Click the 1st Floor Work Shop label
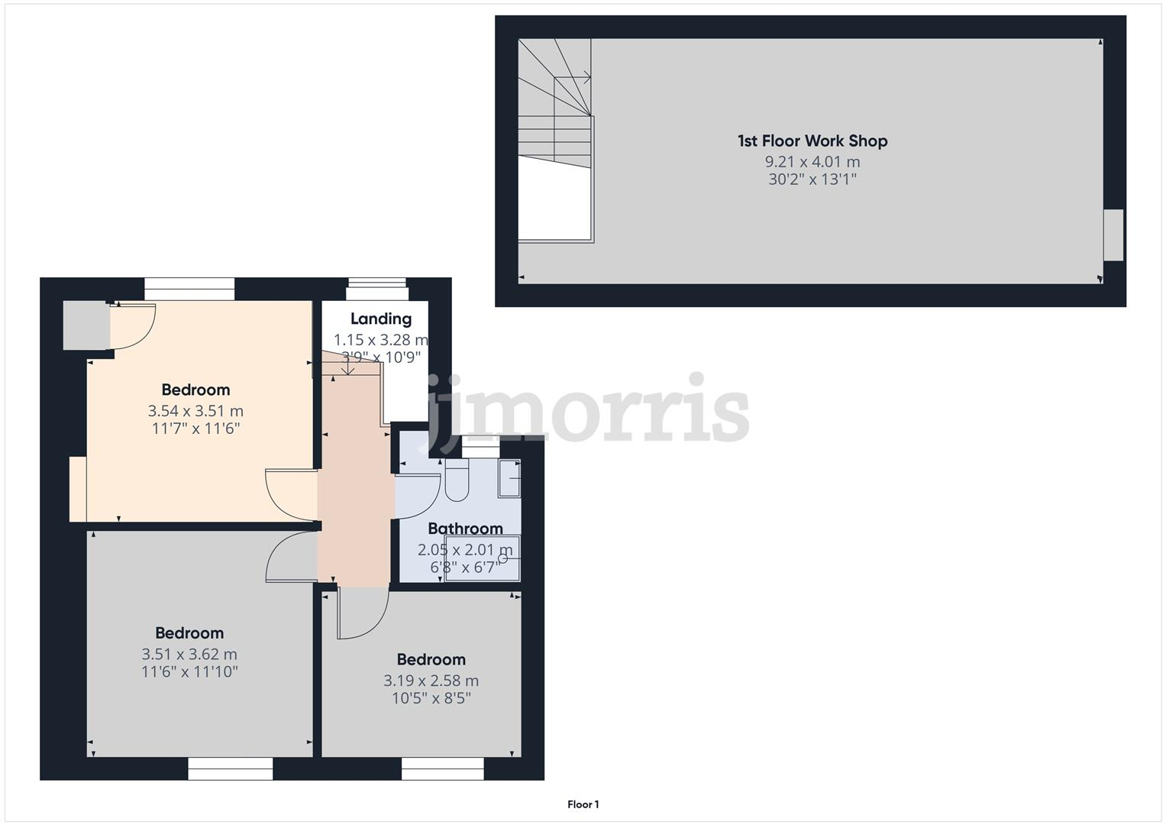click(x=812, y=141)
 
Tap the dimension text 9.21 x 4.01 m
click(x=812, y=162)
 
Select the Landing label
click(x=381, y=319)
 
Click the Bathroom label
click(x=465, y=529)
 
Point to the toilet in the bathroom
click(x=457, y=481)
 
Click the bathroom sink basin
click(x=510, y=479)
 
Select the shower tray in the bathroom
click(x=483, y=559)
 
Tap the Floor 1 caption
click(x=583, y=804)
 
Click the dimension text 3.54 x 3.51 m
click(x=195, y=412)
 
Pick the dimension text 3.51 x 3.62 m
click(x=189, y=655)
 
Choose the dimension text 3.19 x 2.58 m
click(x=431, y=681)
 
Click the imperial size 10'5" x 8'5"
click(x=431, y=698)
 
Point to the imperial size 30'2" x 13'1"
click(x=812, y=180)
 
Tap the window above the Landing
click(x=377, y=293)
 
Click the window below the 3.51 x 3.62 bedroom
click(x=231, y=768)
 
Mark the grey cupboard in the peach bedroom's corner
click(x=86, y=325)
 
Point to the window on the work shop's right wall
click(x=1113, y=235)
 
